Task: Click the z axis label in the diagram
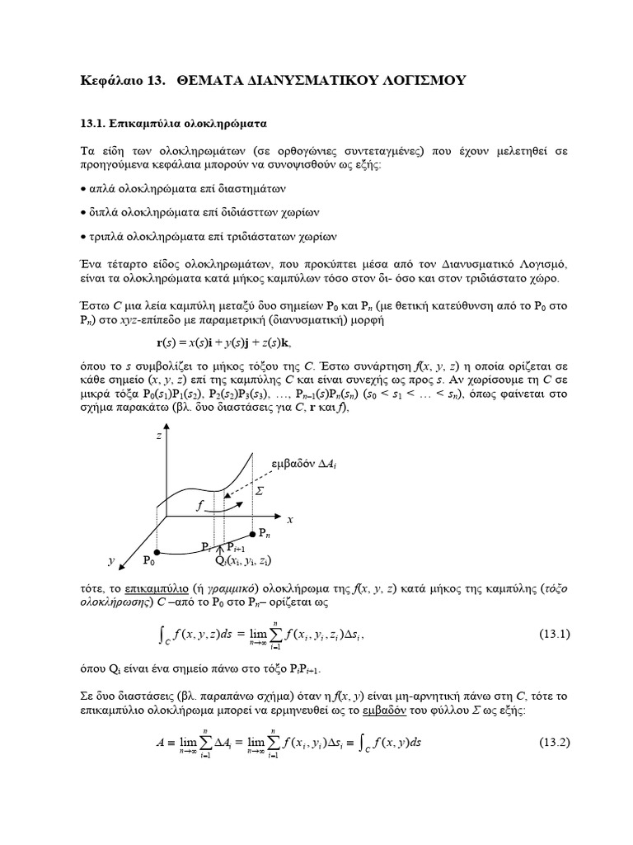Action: click(x=159, y=436)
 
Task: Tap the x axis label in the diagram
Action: click(x=290, y=521)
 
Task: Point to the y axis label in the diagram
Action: click(x=110, y=561)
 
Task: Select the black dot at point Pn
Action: click(x=252, y=534)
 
